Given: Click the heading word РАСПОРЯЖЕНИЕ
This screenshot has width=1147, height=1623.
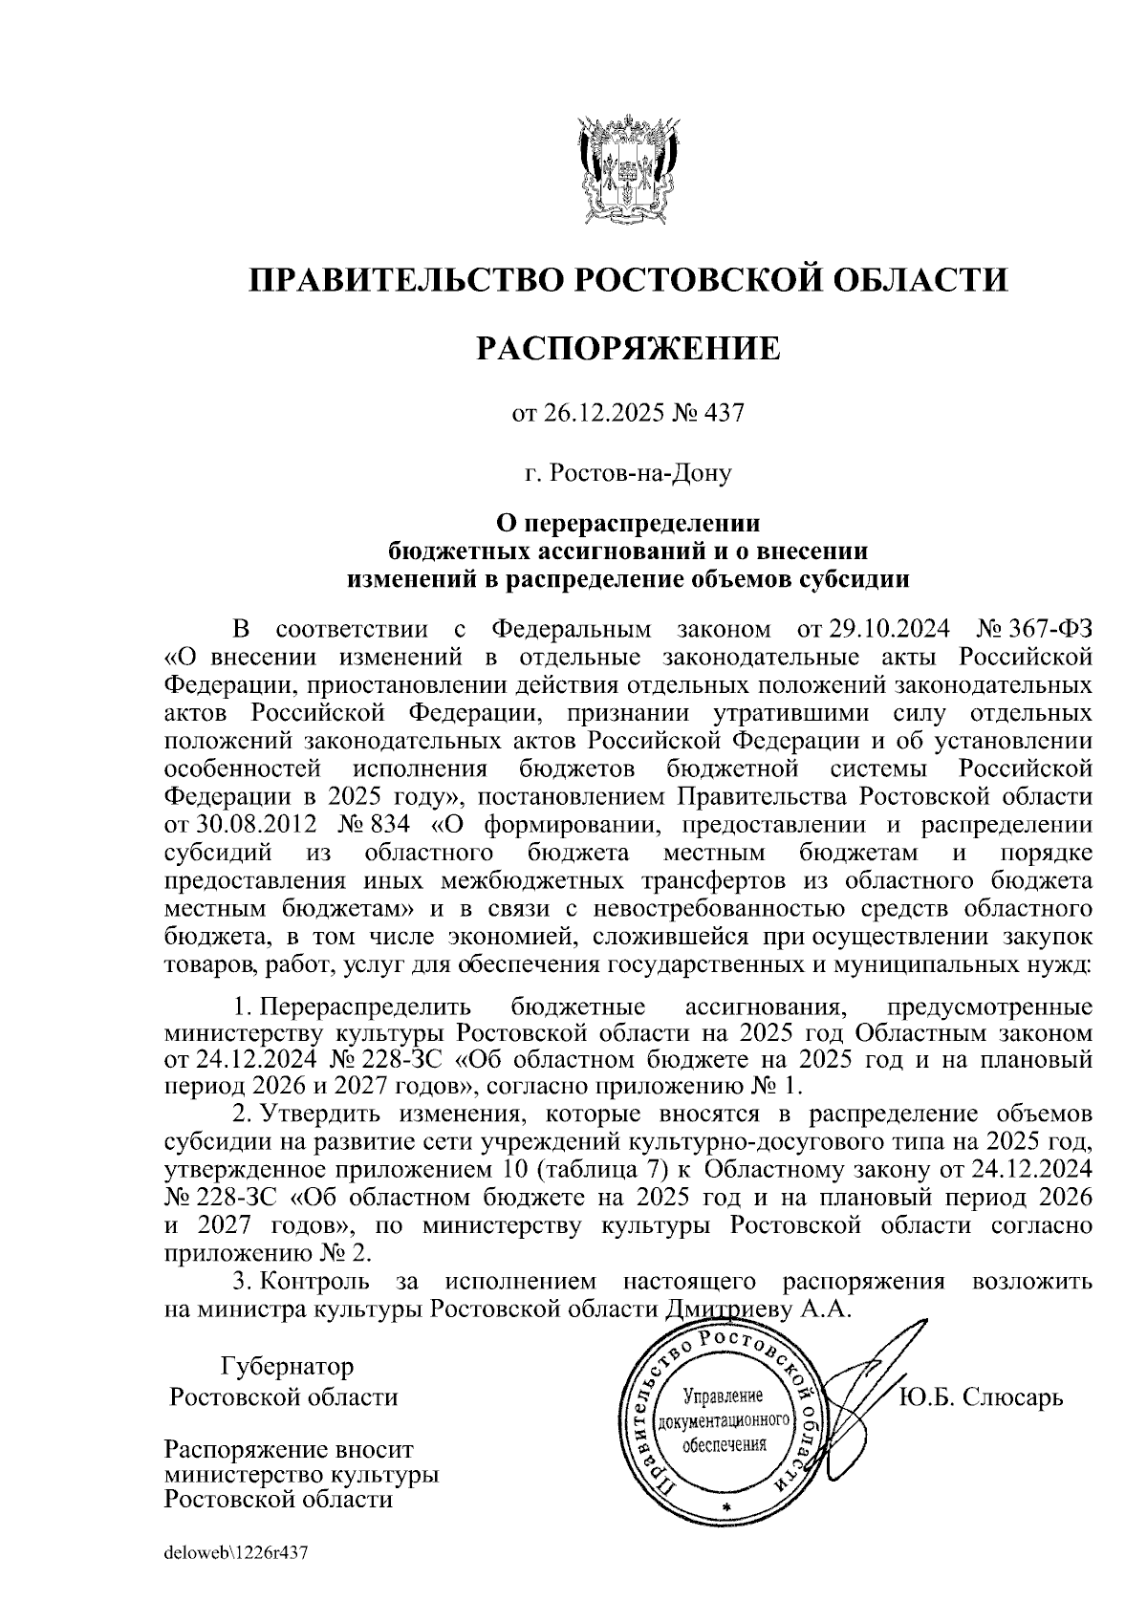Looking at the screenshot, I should pyautogui.click(x=628, y=348).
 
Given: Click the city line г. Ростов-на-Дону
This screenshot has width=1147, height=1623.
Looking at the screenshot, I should pyautogui.click(x=628, y=472).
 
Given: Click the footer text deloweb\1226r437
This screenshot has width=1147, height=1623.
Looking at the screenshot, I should pyautogui.click(x=235, y=1553).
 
